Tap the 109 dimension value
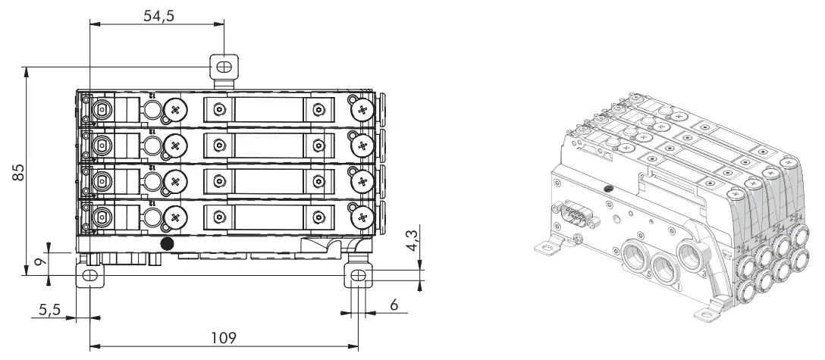[x=224, y=336]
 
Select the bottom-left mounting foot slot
[x=89, y=277]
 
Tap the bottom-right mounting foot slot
[x=358, y=277]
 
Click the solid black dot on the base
[x=168, y=243]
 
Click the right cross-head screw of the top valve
[x=361, y=110]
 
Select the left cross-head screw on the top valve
[x=176, y=110]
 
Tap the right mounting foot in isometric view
[x=711, y=310]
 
